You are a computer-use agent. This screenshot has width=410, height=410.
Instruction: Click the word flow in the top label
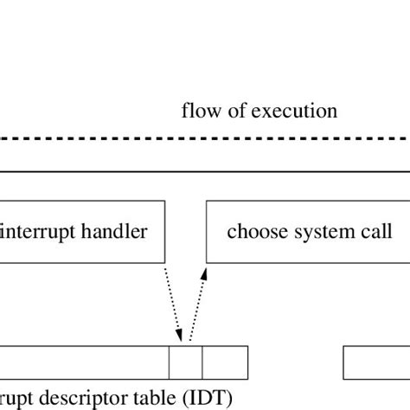[196, 112]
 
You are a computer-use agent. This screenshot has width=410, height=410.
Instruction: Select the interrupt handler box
[82, 232]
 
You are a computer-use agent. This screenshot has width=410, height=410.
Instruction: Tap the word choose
[252, 232]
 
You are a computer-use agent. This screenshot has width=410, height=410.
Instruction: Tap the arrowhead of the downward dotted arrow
[179, 336]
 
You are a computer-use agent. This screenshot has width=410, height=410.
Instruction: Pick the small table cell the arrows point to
[185, 360]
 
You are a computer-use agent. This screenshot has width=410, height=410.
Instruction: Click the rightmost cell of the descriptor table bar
[225, 360]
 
